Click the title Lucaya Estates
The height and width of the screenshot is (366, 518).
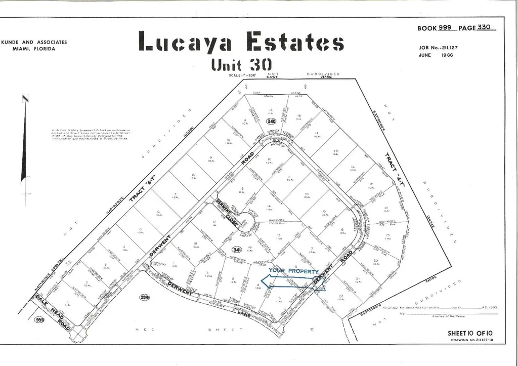pyautogui.click(x=241, y=42)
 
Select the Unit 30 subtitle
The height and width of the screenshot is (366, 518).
pyautogui.click(x=241, y=64)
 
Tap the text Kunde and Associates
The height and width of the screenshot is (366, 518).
pyautogui.click(x=34, y=43)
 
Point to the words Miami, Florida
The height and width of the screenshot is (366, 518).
pyautogui.click(x=34, y=49)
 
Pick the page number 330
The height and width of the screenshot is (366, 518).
pyautogui.click(x=484, y=28)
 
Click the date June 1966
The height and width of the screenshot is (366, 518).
pyautogui.click(x=436, y=55)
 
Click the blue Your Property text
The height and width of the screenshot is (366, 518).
pyautogui.click(x=293, y=271)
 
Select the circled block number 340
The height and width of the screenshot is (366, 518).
pyautogui.click(x=271, y=121)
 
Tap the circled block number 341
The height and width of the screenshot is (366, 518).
pyautogui.click(x=235, y=250)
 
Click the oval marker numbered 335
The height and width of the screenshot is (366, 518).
pyautogui.click(x=38, y=320)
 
